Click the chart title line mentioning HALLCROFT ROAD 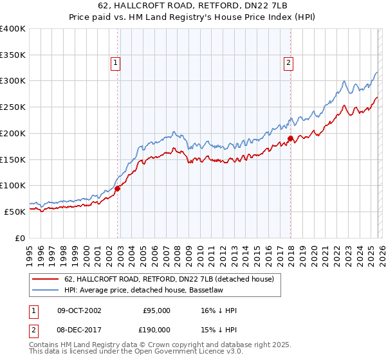(192, 6)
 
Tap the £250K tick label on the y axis (13, 107)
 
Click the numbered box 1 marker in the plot (115, 62)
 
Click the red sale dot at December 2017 (290, 138)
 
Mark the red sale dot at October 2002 (118, 188)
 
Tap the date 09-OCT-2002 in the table (79, 310)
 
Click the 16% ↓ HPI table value (219, 310)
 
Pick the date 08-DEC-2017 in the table (79, 329)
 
